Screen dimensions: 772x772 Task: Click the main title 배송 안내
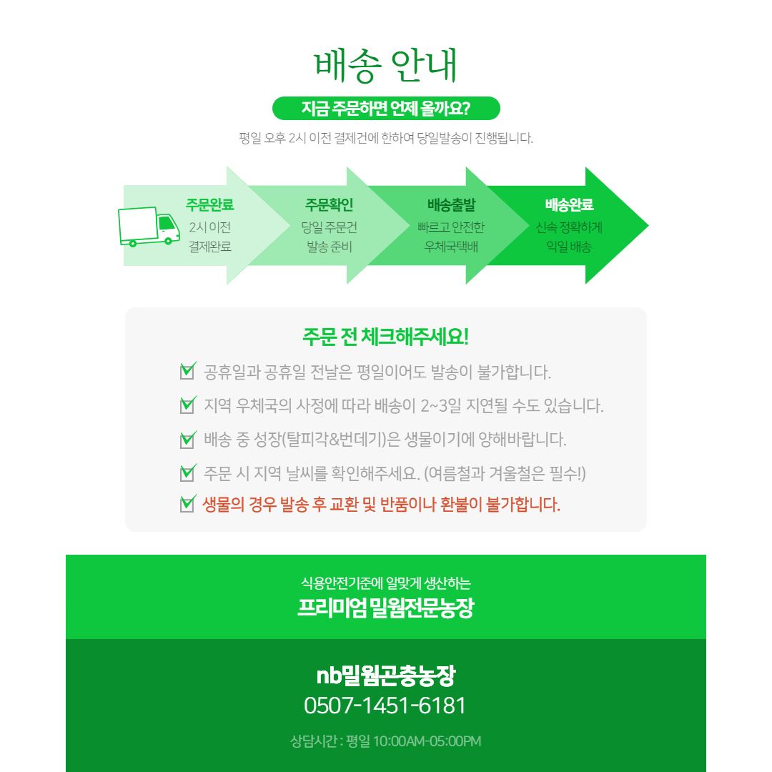tap(386, 65)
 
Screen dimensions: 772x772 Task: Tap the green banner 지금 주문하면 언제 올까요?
tap(386, 109)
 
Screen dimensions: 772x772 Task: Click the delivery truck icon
tap(149, 227)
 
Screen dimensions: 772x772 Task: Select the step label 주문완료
tap(209, 205)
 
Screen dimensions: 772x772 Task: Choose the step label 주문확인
tap(330, 205)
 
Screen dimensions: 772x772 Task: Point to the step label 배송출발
tap(452, 205)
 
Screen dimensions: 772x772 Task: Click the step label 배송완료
tap(569, 205)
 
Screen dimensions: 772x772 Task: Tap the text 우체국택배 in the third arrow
tap(451, 246)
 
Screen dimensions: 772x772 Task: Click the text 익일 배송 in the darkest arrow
tap(569, 246)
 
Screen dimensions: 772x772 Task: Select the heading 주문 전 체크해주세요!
tap(385, 337)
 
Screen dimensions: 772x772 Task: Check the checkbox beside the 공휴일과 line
tap(187, 371)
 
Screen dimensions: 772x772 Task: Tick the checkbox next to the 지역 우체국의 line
tap(187, 405)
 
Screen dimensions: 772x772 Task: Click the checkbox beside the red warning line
tap(187, 504)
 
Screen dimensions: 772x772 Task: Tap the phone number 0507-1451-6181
tap(385, 706)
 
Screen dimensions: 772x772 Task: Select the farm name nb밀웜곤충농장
tap(386, 675)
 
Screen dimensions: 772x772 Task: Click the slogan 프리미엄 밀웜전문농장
tap(385, 608)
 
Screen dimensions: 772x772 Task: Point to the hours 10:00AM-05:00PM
tap(427, 741)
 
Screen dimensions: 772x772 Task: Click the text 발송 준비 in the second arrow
tap(330, 246)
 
